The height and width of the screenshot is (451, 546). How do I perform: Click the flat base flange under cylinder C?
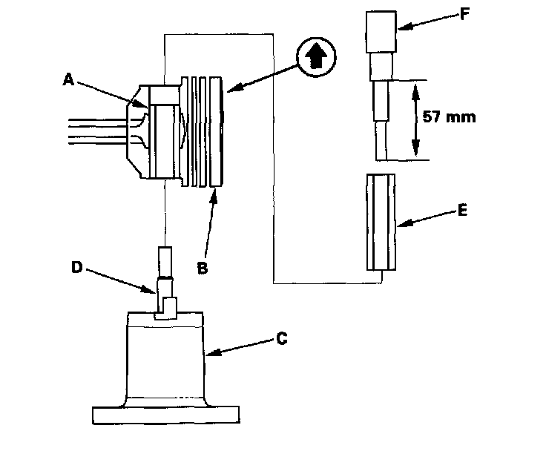click(165, 415)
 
